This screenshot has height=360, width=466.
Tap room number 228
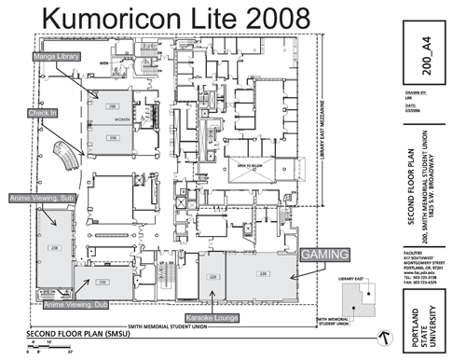[263, 274]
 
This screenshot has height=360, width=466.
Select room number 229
[213, 276]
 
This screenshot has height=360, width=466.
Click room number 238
[54, 247]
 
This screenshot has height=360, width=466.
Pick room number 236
[103, 281]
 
